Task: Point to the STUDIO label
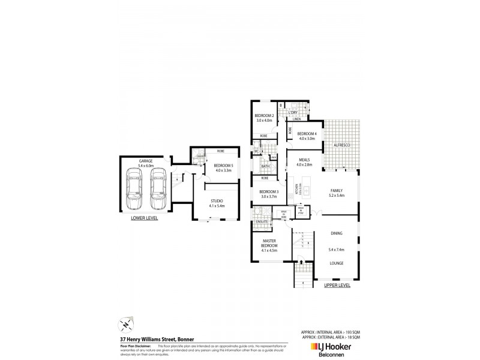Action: tap(216, 201)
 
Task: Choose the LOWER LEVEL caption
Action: tap(144, 218)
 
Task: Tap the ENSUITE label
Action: tap(262, 221)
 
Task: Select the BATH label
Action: tap(265, 166)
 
